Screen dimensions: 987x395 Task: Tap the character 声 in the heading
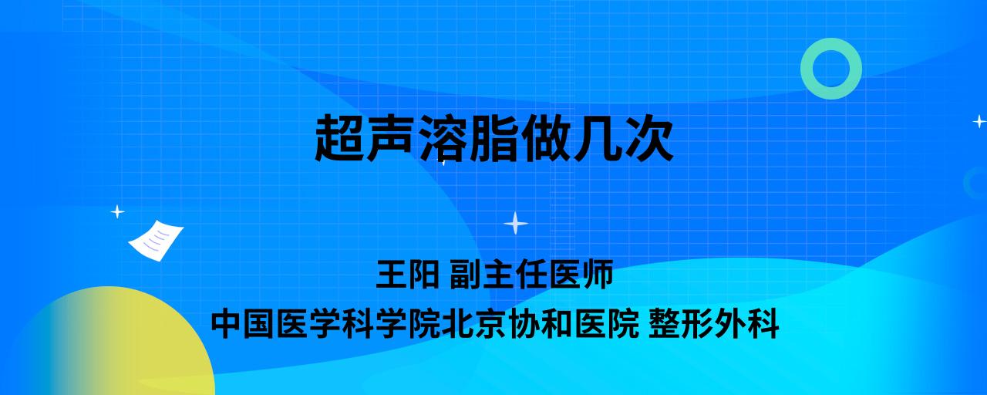391,137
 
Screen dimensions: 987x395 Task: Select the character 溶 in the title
443,137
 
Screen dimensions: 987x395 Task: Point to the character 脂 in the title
493,137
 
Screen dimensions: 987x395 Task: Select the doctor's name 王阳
407,274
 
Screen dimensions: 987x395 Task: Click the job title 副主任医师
531,274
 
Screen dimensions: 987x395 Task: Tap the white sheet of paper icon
156,241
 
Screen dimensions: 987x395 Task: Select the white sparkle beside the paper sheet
117,212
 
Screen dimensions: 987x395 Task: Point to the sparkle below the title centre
516,223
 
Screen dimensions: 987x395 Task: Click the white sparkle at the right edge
979,121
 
